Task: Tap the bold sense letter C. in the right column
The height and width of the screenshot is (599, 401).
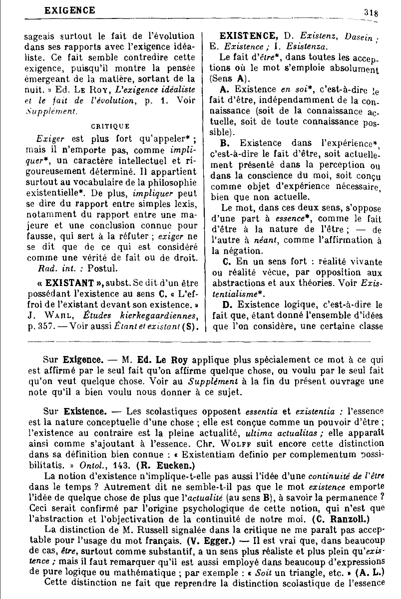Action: [x=226, y=261]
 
